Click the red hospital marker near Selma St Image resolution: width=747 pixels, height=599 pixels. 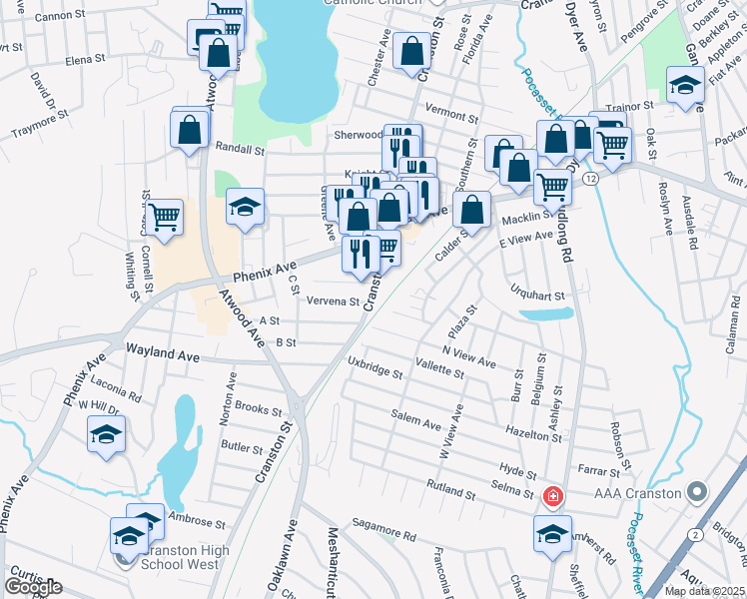coord(551,495)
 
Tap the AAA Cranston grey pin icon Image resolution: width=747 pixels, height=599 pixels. coord(697,493)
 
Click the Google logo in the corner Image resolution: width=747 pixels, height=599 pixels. coord(33,587)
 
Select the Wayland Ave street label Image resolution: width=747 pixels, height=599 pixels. coord(165,352)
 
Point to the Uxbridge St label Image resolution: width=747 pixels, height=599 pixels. coord(374,367)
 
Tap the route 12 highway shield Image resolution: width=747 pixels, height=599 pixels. coord(591,178)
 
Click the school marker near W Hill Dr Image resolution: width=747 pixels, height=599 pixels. coord(106,434)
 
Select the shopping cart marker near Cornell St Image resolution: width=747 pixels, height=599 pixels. coord(165,216)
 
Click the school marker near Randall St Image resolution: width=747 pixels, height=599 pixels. coord(245,207)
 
